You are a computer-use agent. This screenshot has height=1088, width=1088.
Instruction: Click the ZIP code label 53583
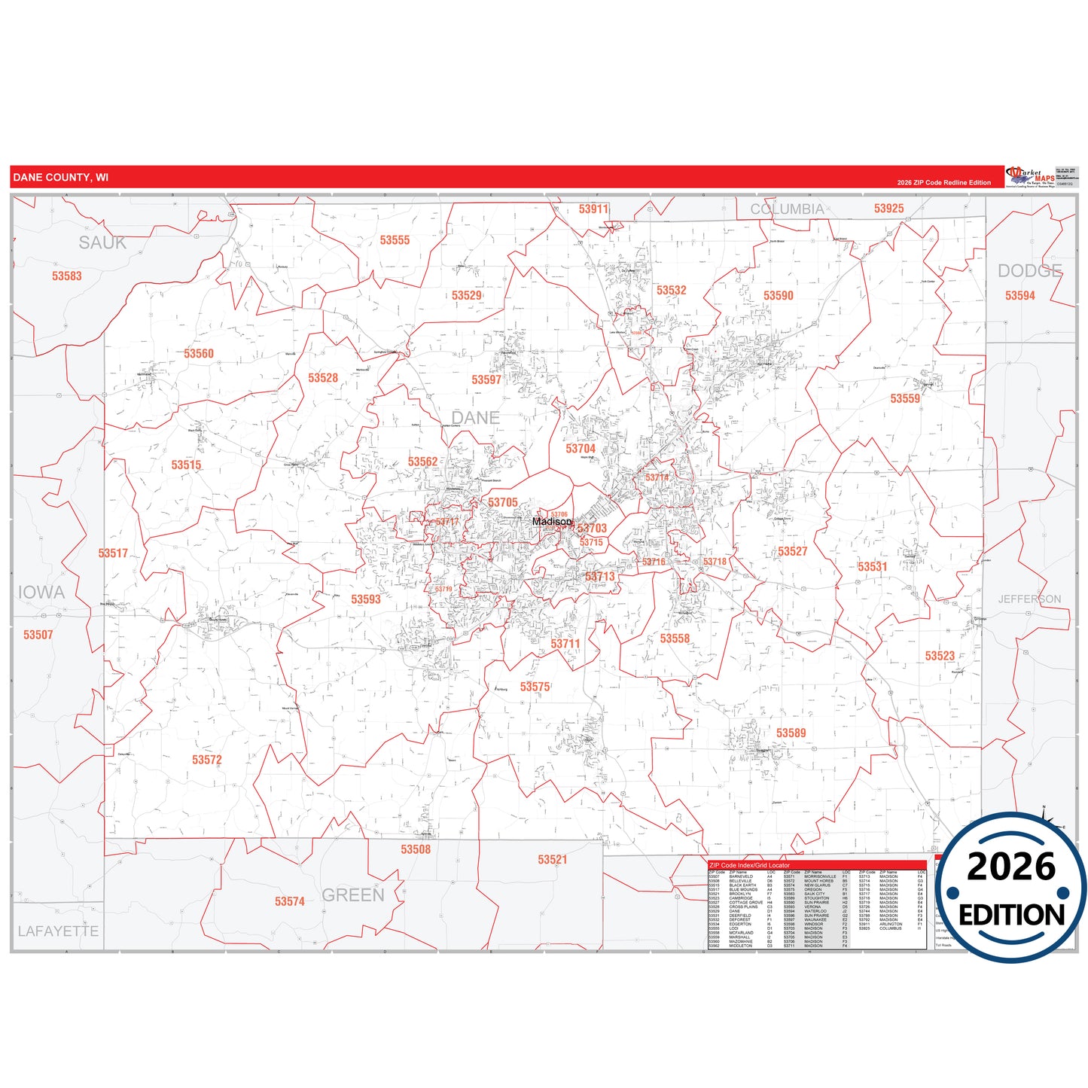coord(67,276)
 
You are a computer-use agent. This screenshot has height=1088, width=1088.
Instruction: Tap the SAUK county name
coord(102,242)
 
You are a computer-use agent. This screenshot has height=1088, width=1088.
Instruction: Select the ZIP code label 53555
coord(395,240)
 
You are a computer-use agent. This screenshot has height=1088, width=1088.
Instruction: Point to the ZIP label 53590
coord(778,296)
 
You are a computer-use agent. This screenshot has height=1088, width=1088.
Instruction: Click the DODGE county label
coord(1029,271)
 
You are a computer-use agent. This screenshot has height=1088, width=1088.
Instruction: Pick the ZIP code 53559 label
coord(905,398)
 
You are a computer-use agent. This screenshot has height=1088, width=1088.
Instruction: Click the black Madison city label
coord(552,521)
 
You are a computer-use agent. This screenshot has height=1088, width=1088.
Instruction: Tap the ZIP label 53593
coord(366,599)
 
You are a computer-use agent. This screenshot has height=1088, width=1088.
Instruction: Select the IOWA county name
coord(41,593)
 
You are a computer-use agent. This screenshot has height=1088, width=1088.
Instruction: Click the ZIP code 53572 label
coord(207,760)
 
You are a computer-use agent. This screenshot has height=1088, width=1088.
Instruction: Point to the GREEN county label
coord(353,895)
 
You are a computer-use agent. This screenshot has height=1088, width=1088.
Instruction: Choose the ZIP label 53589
coord(791,733)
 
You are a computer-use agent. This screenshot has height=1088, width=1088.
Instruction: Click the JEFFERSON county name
coord(1029,599)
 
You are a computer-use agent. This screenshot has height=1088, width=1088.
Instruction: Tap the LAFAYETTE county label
coord(58,931)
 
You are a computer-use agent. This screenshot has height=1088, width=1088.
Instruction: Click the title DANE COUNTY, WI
coord(61,178)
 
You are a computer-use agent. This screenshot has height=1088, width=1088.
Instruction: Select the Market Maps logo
coord(1029,177)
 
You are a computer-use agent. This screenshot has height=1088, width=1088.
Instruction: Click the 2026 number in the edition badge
coord(1011,867)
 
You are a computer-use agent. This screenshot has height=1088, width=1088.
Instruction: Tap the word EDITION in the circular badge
coord(1011,915)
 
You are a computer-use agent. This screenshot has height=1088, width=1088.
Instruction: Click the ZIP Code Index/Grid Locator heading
coord(750,865)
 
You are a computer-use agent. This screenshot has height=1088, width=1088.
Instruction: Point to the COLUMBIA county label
coord(787,209)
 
